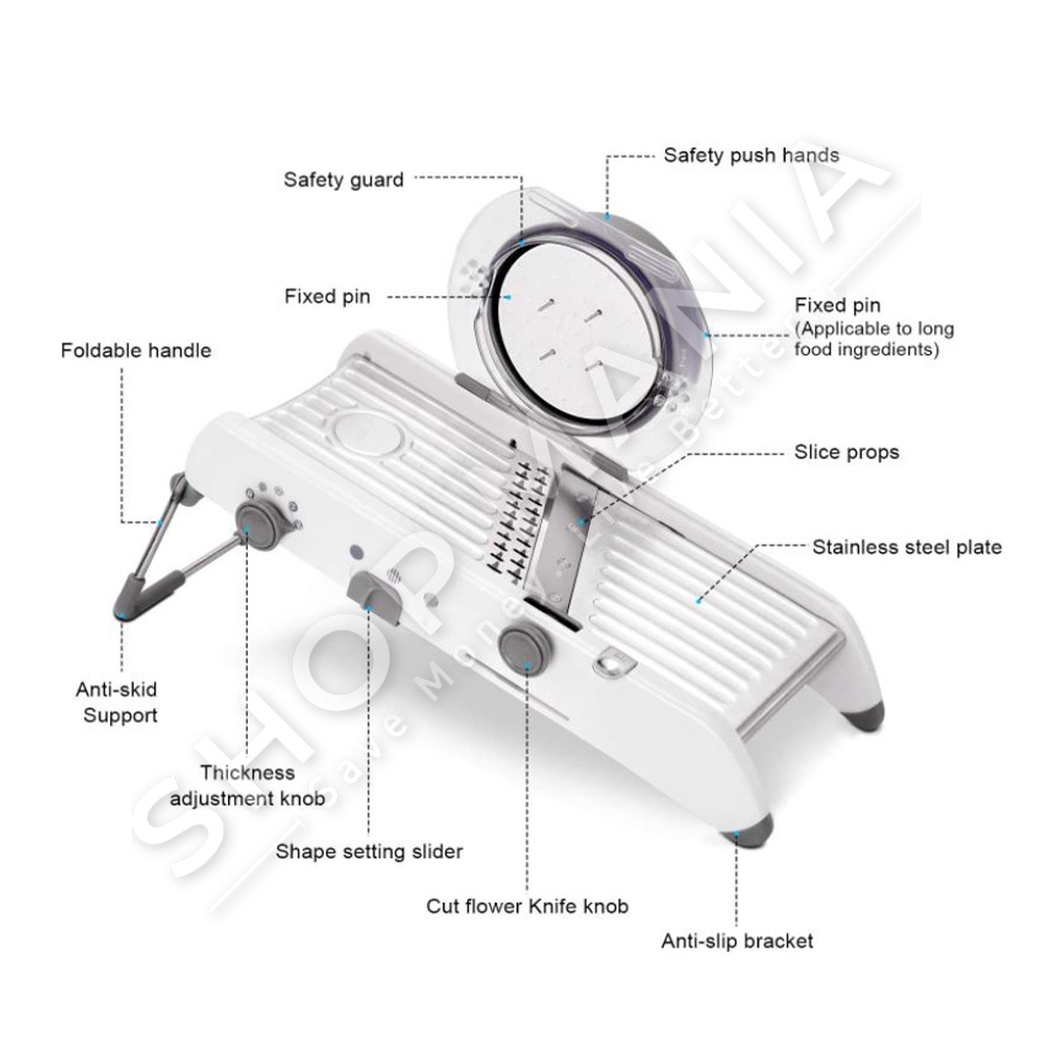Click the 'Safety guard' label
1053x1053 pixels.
[343, 180]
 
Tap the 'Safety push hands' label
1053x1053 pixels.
[751, 155]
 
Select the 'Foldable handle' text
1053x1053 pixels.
[136, 351]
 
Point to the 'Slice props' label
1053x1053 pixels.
[846, 452]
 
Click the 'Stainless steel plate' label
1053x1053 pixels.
[907, 547]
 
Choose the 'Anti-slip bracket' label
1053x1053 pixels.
[737, 941]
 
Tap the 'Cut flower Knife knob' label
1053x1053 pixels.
[527, 907]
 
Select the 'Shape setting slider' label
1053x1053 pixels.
[369, 851]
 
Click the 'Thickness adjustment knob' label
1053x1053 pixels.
[247, 786]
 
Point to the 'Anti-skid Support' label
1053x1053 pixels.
[117, 702]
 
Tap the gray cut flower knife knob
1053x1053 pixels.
[526, 648]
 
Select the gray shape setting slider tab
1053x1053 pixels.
[374, 595]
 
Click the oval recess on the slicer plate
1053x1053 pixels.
[367, 434]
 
